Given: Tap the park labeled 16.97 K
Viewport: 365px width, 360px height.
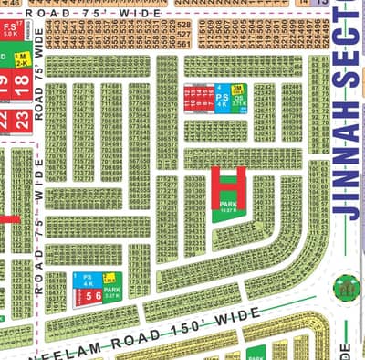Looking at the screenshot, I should pos(228,206).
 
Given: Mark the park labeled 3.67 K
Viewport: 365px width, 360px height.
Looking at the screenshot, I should pos(112,292).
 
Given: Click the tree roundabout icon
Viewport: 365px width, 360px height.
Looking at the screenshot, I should pos(346,288).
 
